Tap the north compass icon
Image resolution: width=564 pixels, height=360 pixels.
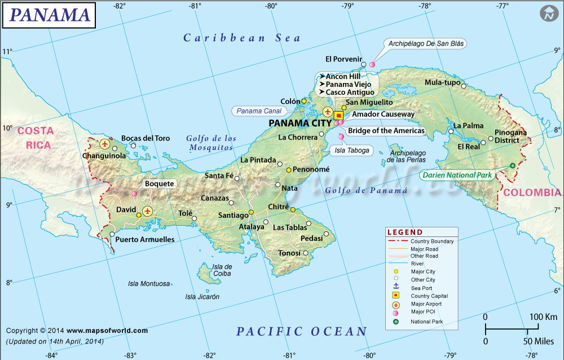[548, 14]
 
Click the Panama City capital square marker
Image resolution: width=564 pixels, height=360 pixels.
[339, 115]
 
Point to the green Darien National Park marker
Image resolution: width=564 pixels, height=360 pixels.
[512, 165]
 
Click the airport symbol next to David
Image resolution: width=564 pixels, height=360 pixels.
[148, 211]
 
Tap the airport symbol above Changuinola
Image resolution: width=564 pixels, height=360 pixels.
[104, 144]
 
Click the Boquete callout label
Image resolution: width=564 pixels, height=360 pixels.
[159, 183]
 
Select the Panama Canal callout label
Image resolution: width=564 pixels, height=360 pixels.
[259, 111]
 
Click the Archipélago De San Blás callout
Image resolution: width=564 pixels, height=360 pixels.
[427, 43]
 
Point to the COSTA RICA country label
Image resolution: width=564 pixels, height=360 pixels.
[36, 138]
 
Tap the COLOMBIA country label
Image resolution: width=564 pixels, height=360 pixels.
[532, 192]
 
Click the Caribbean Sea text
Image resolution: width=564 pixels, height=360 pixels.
[242, 38]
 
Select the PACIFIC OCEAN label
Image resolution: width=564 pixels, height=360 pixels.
[301, 331]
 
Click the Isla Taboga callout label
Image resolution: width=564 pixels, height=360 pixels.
[352, 150]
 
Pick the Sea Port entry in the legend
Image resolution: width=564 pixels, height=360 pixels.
[422, 288]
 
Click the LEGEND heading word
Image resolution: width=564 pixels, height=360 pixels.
[405, 232]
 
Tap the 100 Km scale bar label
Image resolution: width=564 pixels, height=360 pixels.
[543, 317]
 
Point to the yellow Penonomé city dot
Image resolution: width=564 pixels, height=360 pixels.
[288, 170]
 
